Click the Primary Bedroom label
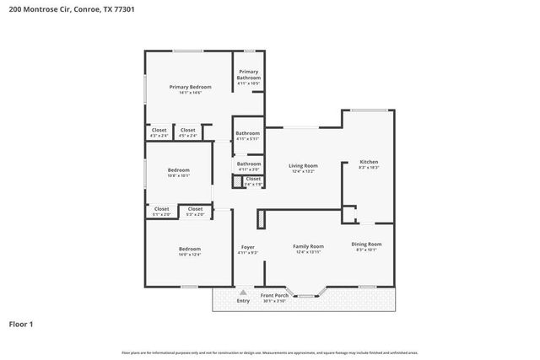190,87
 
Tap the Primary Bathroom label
248,75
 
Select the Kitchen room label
369,161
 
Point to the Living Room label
303,165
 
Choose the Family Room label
308,246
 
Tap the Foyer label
248,247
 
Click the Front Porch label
274,295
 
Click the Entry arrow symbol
243,292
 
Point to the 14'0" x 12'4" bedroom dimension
189,254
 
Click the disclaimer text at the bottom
269,352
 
